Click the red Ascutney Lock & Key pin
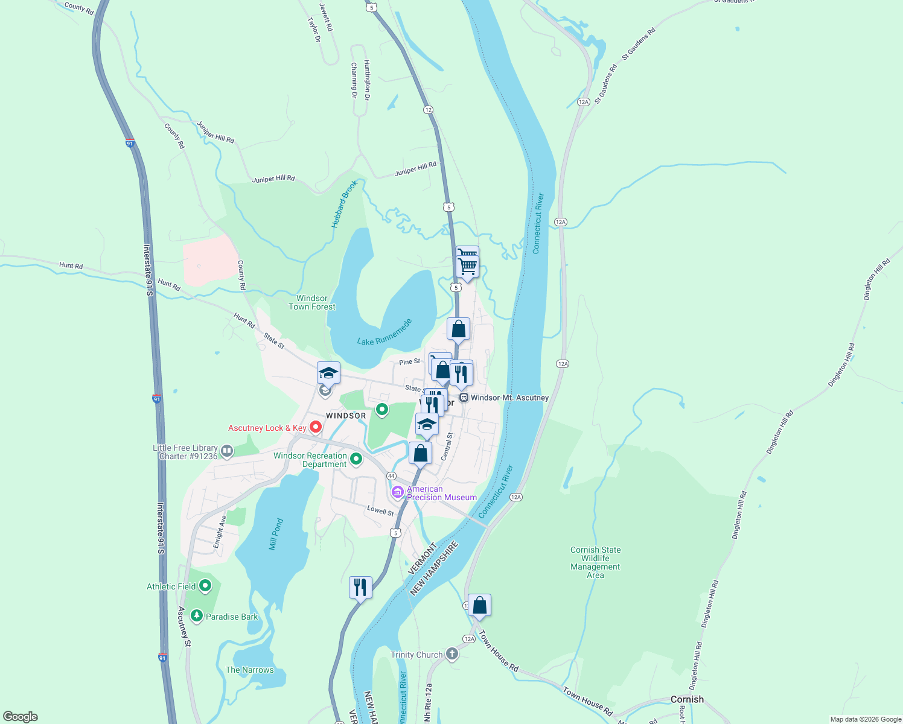(315, 427)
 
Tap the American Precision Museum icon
(397, 493)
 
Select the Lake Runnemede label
(384, 332)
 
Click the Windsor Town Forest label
(311, 302)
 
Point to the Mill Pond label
(275, 534)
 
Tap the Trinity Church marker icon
(451, 655)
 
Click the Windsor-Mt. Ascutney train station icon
(464, 398)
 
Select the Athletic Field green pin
(205, 586)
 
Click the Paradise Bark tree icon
(196, 616)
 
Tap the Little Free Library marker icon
(227, 451)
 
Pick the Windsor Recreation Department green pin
(356, 459)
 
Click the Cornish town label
(687, 699)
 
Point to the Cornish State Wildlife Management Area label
(595, 562)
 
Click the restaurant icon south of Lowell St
(360, 587)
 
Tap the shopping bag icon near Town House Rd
(479, 605)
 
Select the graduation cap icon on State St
(328, 373)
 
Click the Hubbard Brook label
(344, 205)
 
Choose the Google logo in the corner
(21, 716)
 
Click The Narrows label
(249, 670)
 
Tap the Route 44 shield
(391, 476)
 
